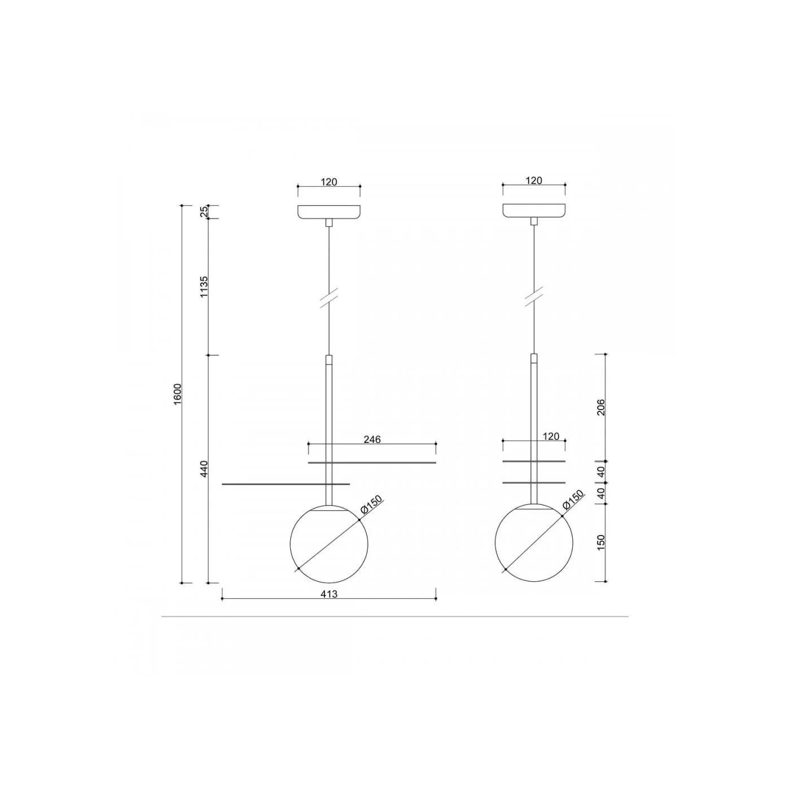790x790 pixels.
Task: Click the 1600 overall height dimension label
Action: pyautogui.click(x=178, y=394)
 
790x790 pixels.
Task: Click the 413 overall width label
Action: pyautogui.click(x=329, y=594)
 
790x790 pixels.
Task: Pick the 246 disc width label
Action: pyautogui.click(x=372, y=439)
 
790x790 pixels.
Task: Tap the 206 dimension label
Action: pyautogui.click(x=600, y=407)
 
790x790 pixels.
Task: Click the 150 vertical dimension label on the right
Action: pyautogui.click(x=600, y=542)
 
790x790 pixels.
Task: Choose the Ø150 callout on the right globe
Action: pyautogui.click(x=573, y=499)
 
